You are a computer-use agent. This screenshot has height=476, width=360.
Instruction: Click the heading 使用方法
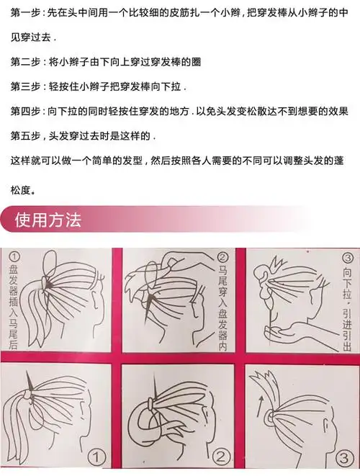click(x=49, y=219)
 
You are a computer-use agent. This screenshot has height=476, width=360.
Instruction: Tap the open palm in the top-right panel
click(x=284, y=334)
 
